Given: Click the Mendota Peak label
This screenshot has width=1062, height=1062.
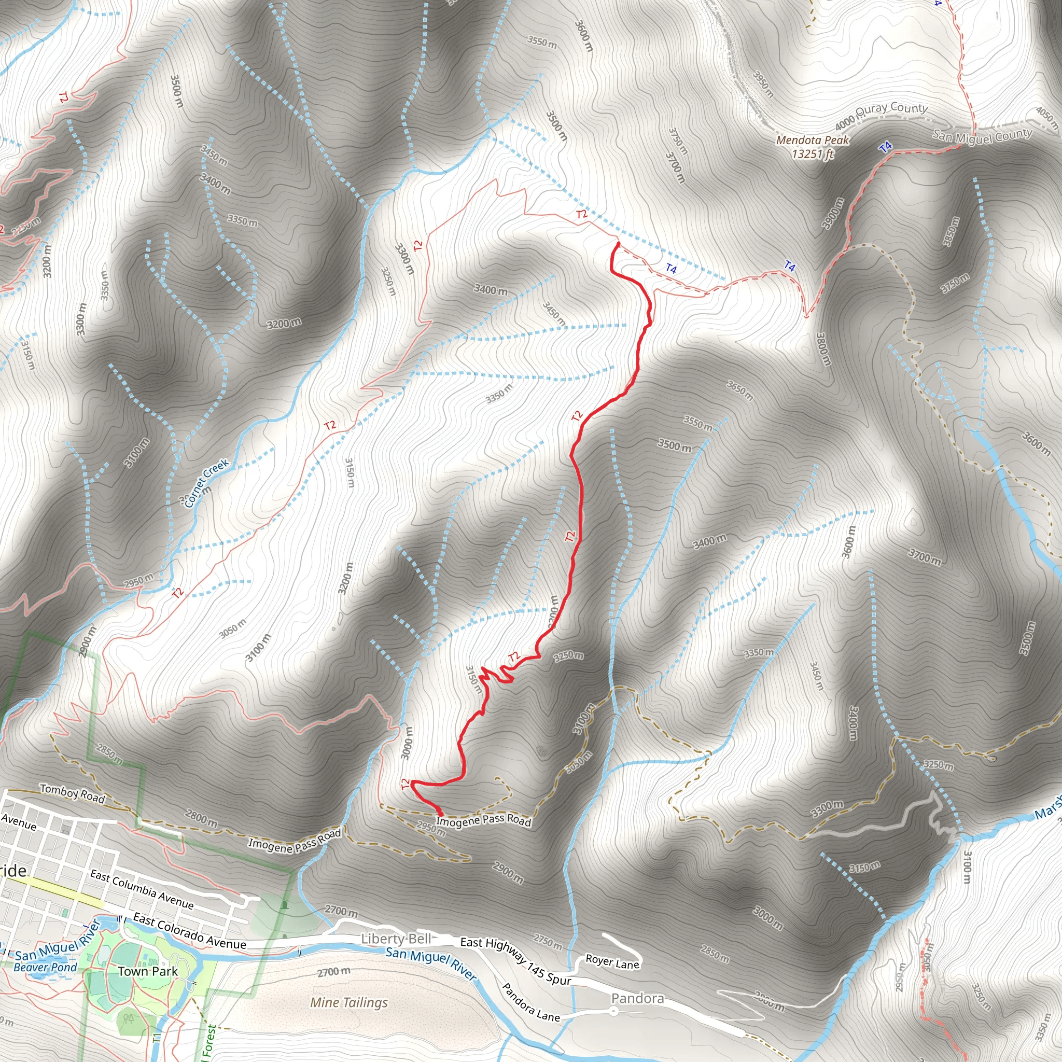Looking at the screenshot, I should (813, 141).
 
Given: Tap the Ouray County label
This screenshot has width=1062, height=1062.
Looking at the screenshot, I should (891, 108).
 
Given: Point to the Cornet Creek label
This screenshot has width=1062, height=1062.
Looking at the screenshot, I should (207, 483).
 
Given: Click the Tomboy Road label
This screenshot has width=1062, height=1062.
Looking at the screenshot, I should (73, 794).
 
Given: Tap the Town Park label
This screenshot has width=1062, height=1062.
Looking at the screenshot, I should (148, 971).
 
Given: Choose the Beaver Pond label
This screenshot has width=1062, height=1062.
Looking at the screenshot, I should (45, 968).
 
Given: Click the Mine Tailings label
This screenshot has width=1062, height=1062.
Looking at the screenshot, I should (349, 1003).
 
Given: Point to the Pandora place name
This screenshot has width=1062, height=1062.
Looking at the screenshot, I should (638, 998).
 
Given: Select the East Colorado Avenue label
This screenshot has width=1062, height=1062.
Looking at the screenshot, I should (190, 931).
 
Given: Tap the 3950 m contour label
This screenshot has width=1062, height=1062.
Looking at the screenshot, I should (763, 84).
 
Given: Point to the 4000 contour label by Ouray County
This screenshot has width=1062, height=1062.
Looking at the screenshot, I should (845, 120).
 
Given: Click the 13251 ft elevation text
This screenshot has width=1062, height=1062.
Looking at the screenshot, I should (813, 154).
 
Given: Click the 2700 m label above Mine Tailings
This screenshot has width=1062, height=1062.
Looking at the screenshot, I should (333, 972).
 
